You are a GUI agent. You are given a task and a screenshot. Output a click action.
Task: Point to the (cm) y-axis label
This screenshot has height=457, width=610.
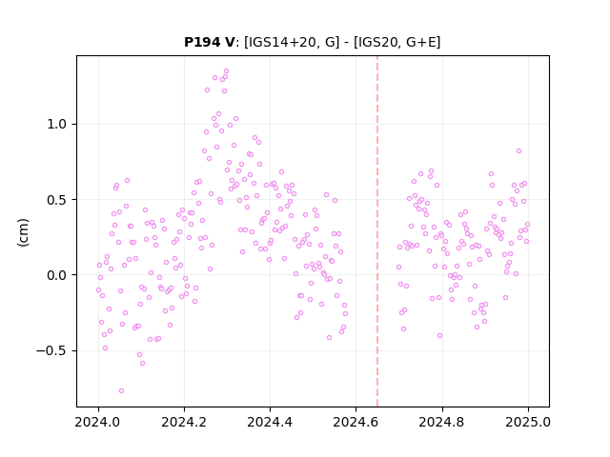pyautogui.click(x=23, y=232)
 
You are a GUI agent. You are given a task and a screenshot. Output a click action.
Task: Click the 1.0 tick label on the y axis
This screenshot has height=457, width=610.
pyautogui.click(x=57, y=125)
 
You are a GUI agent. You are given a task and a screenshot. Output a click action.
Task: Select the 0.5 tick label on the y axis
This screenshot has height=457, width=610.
pyautogui.click(x=57, y=200)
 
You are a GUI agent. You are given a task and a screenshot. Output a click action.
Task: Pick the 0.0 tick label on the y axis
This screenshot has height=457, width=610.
pyautogui.click(x=57, y=275)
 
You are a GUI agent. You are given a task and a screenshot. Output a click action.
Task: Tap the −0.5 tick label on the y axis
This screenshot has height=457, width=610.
pyautogui.click(x=51, y=350)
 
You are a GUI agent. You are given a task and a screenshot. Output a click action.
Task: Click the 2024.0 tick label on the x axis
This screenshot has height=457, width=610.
pyautogui.click(x=98, y=422)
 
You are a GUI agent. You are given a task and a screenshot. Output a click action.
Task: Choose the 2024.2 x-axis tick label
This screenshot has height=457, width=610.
pyautogui.click(x=184, y=422)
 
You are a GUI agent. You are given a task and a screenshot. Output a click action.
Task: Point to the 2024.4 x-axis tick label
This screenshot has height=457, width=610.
pyautogui.click(x=270, y=422)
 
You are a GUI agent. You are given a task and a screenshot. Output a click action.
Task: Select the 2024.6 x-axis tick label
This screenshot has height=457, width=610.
pyautogui.click(x=356, y=422)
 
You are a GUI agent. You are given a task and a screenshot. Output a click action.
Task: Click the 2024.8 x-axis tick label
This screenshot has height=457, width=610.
pyautogui.click(x=442, y=422)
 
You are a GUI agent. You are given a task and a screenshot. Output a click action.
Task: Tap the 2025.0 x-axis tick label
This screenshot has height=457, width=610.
pyautogui.click(x=528, y=422)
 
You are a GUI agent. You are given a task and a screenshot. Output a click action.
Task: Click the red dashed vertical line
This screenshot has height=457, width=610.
pyautogui.click(x=377, y=231)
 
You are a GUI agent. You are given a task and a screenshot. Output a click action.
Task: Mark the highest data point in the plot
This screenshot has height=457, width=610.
pyautogui.click(x=227, y=71)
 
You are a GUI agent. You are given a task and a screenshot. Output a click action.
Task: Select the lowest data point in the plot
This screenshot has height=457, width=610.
pyautogui.click(x=121, y=390)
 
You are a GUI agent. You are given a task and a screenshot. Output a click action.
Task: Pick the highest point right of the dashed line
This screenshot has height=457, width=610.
pyautogui.click(x=518, y=150)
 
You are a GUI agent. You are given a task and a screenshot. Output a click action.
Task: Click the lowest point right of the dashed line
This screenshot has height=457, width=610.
pyautogui.click(x=440, y=335)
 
